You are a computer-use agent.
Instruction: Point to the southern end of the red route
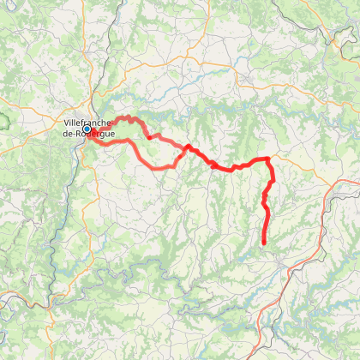tap(263, 244)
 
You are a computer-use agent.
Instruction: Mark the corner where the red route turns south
tap(269, 159)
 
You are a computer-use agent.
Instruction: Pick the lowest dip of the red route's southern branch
tap(159, 168)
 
